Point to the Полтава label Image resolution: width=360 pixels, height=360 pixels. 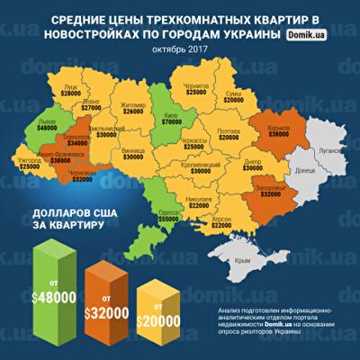(x=228, y=130)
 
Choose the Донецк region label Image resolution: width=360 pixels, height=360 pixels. (x=303, y=169)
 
